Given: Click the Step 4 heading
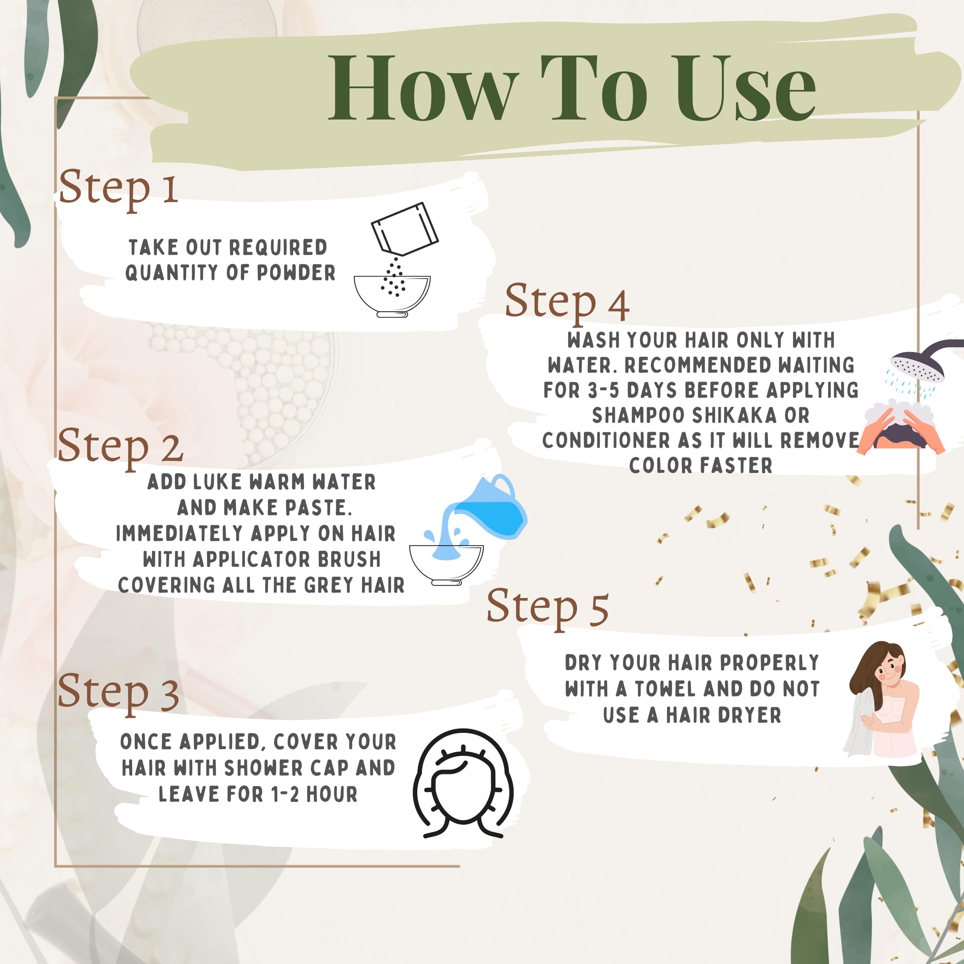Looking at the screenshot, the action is coord(567,303).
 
